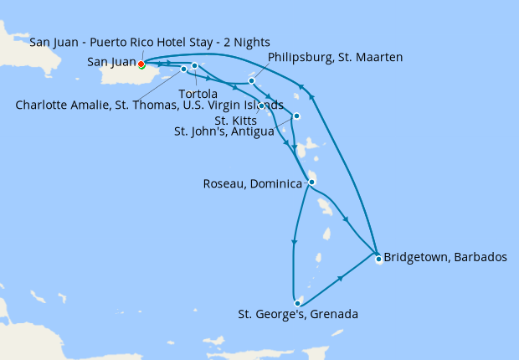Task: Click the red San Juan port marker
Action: click(141, 64)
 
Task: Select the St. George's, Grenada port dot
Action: click(297, 302)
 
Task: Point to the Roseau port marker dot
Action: click(311, 182)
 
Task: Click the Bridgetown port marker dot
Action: click(378, 259)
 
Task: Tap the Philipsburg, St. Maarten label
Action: click(335, 58)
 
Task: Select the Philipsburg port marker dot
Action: click(251, 81)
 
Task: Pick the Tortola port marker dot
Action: click(194, 65)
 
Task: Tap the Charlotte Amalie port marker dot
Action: click(183, 69)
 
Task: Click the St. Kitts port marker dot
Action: click(261, 105)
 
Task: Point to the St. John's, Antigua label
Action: click(224, 131)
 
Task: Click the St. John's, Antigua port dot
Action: click(297, 116)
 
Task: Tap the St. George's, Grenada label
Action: click(298, 316)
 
